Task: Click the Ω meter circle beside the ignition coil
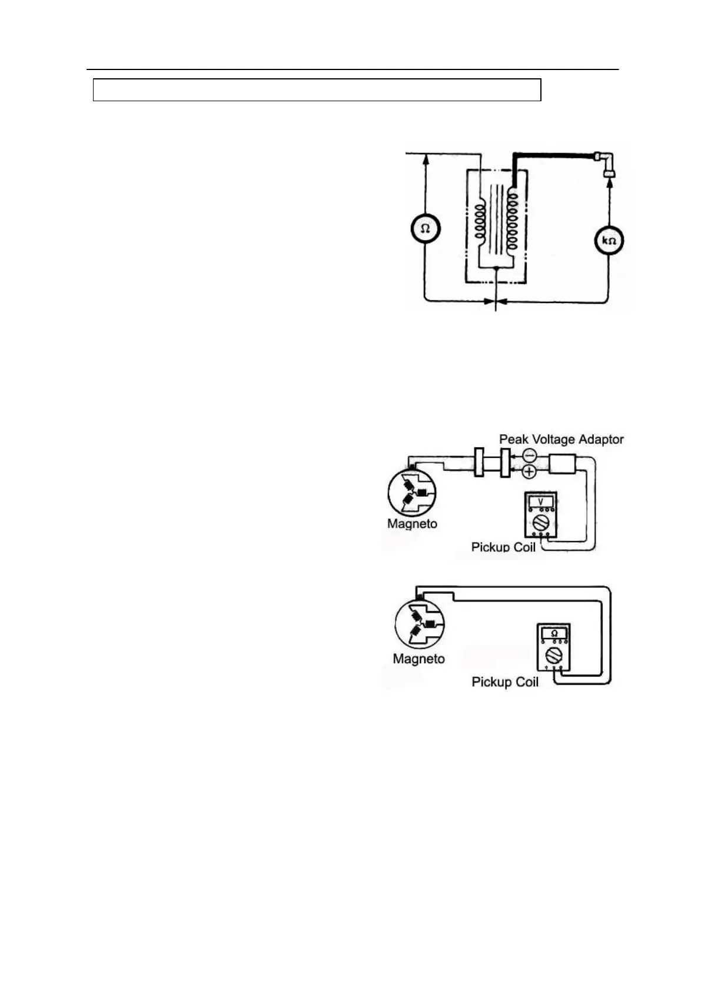(x=426, y=229)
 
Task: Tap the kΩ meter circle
(x=609, y=241)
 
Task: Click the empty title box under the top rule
(x=317, y=90)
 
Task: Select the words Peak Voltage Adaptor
(x=561, y=439)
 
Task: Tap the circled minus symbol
(x=529, y=455)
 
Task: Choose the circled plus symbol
(x=529, y=471)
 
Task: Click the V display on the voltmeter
(x=541, y=501)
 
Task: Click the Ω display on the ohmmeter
(x=554, y=633)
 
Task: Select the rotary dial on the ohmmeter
(x=554, y=654)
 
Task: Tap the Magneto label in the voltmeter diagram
(x=412, y=523)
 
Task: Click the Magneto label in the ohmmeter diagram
(x=418, y=659)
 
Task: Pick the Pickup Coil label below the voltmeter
(x=503, y=547)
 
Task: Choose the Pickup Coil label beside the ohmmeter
(x=505, y=681)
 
